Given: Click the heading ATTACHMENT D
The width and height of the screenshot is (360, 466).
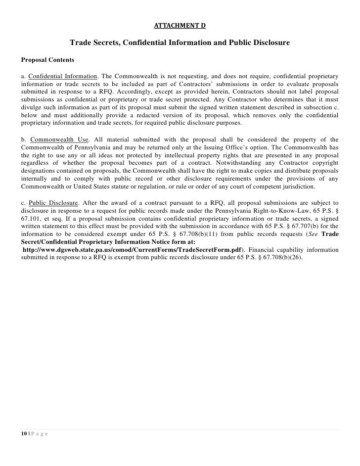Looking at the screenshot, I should [x=180, y=25].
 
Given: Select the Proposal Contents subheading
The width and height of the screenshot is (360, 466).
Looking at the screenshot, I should [x=47, y=60].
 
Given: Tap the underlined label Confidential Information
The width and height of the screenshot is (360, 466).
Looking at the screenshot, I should [x=62, y=77].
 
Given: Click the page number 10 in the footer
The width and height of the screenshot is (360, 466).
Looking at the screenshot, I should [x=24, y=433].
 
